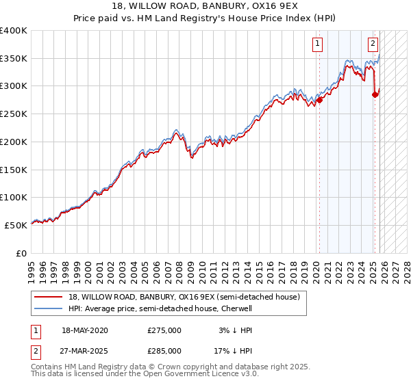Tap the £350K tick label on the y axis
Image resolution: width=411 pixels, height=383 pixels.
tap(14, 59)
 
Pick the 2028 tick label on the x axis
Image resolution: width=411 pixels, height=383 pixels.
tap(408, 269)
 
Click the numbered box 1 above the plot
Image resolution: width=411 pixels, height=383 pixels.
tap(319, 44)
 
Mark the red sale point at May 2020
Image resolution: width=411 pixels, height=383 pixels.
tap(319, 100)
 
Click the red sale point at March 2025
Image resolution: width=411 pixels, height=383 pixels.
tap(375, 94)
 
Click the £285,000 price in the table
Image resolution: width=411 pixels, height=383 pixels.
tap(164, 351)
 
